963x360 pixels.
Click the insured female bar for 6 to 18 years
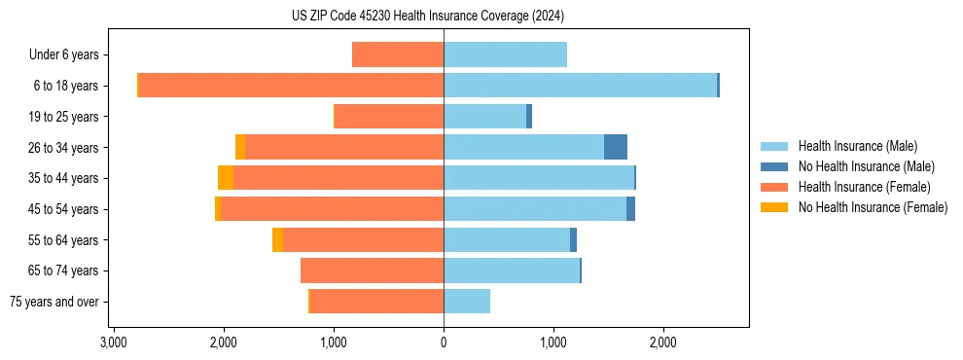pyautogui.click(x=291, y=86)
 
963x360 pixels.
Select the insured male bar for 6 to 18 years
pyautogui.click(x=580, y=86)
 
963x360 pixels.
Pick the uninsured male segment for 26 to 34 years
pyautogui.click(x=615, y=147)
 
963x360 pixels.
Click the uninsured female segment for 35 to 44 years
pyautogui.click(x=226, y=178)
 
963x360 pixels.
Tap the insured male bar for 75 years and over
pyautogui.click(x=467, y=302)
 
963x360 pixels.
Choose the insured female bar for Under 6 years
pyautogui.click(x=398, y=54)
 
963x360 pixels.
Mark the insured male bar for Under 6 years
pyautogui.click(x=505, y=54)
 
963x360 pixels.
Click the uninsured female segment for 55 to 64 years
pyautogui.click(x=278, y=239)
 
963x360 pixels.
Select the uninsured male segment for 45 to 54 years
pyautogui.click(x=630, y=209)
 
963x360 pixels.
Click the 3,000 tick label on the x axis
pyautogui.click(x=114, y=342)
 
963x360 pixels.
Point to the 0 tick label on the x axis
pyautogui.click(x=444, y=342)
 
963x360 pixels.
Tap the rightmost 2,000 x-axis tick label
pyautogui.click(x=663, y=342)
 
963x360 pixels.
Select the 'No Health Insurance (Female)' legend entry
pyautogui.click(x=873, y=207)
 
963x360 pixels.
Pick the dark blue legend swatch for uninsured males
pyautogui.click(x=775, y=166)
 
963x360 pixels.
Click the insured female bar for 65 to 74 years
pyautogui.click(x=372, y=270)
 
